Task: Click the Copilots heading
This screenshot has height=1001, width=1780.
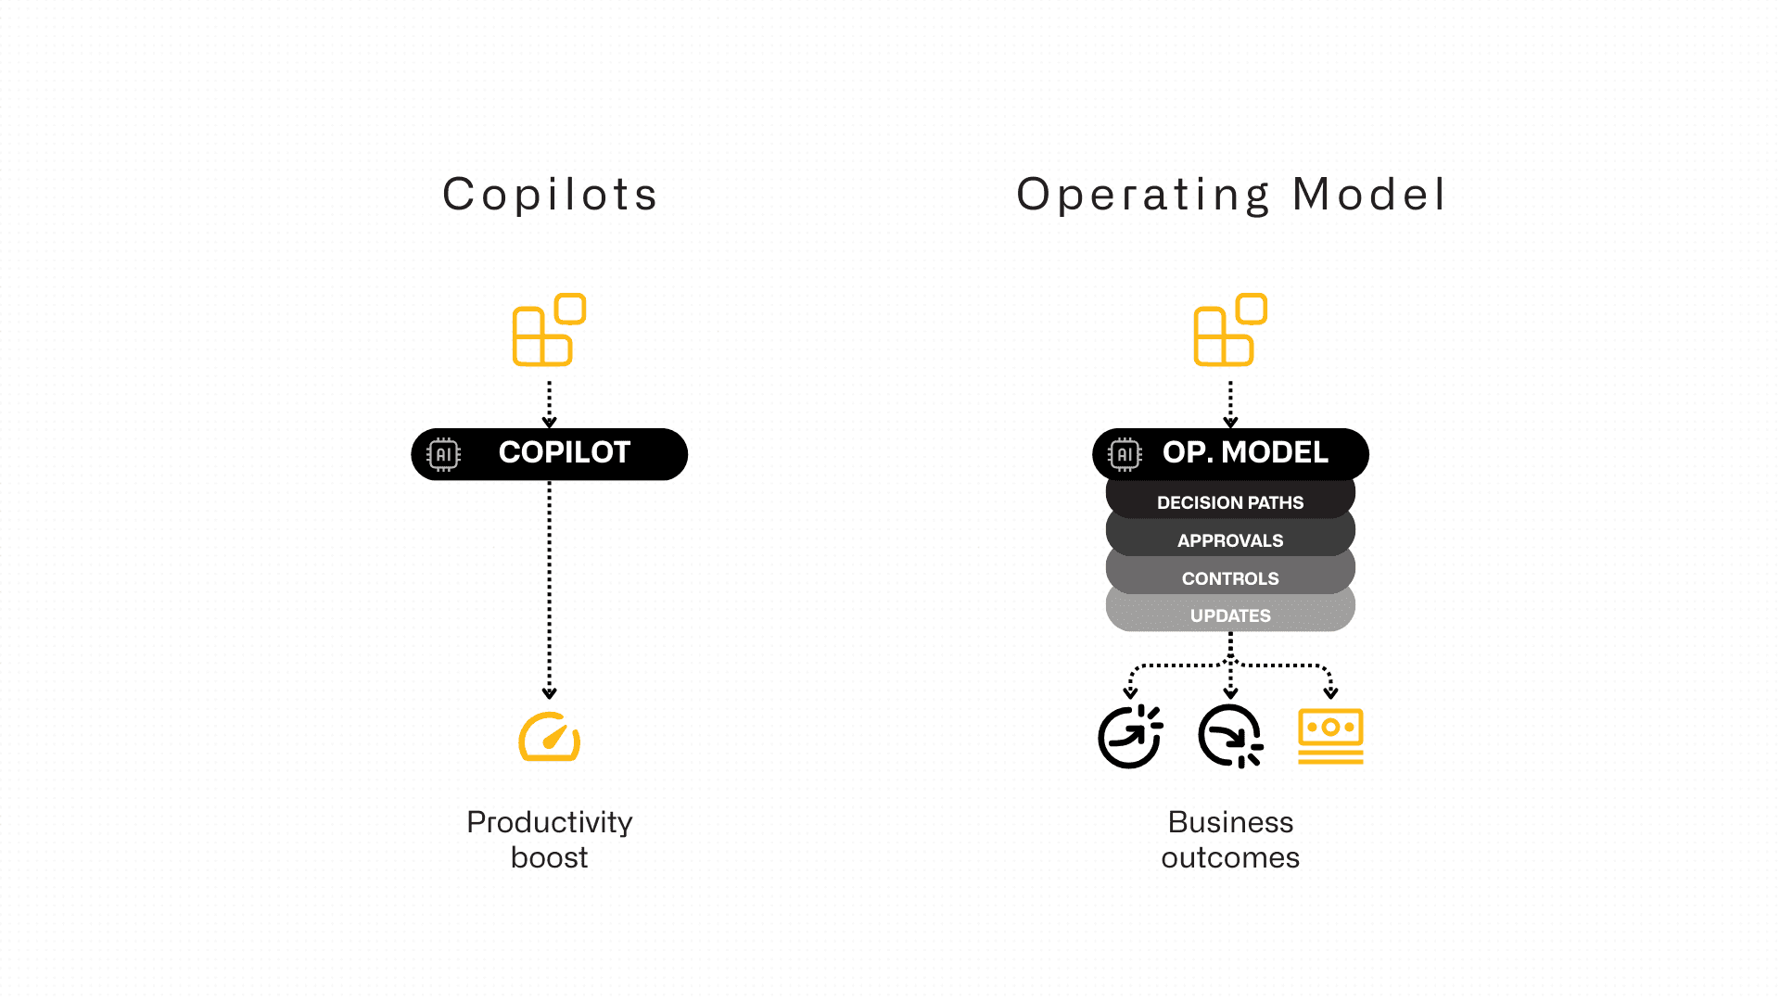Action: coord(550,195)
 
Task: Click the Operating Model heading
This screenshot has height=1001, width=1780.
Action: coord(1230,195)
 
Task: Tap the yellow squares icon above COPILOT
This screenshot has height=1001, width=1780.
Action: coord(549,330)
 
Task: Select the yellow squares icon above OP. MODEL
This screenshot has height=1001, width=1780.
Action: coord(1230,330)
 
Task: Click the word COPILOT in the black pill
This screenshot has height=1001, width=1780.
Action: coord(564,452)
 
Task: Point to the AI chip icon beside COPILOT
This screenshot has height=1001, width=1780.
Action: coord(443,454)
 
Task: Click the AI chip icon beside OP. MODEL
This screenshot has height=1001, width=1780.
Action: coord(1125,454)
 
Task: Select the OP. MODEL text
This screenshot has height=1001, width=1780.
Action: coord(1245,452)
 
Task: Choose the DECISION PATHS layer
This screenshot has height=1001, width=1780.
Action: coord(1230,502)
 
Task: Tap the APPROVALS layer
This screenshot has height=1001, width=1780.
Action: coord(1230,540)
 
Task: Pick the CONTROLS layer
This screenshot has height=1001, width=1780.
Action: coord(1230,578)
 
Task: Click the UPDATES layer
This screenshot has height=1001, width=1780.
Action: coord(1230,615)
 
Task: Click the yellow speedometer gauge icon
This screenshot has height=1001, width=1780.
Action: coord(550,738)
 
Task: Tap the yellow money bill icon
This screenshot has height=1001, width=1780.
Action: coord(1330,737)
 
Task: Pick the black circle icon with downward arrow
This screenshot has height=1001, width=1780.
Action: coord(1230,737)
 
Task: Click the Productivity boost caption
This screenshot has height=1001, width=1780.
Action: coord(550,840)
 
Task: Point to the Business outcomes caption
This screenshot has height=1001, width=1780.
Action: coord(1230,840)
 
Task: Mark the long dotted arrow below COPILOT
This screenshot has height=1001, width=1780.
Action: coord(550,589)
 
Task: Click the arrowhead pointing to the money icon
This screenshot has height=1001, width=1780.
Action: coord(1330,692)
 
